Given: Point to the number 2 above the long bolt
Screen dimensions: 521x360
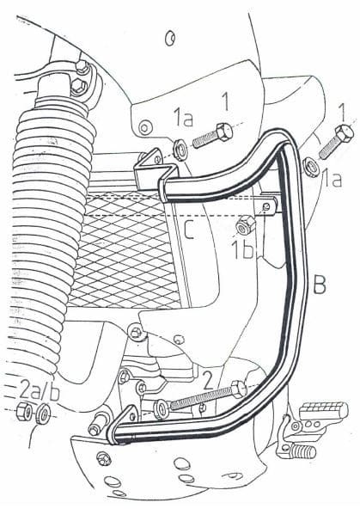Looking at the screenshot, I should pyautogui.click(x=207, y=376).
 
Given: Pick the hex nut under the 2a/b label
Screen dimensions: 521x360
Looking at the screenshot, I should pyautogui.click(x=26, y=411).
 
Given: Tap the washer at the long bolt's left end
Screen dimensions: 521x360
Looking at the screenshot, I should pyautogui.click(x=162, y=408).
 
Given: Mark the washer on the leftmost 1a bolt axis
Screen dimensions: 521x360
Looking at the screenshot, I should pyautogui.click(x=182, y=148).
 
